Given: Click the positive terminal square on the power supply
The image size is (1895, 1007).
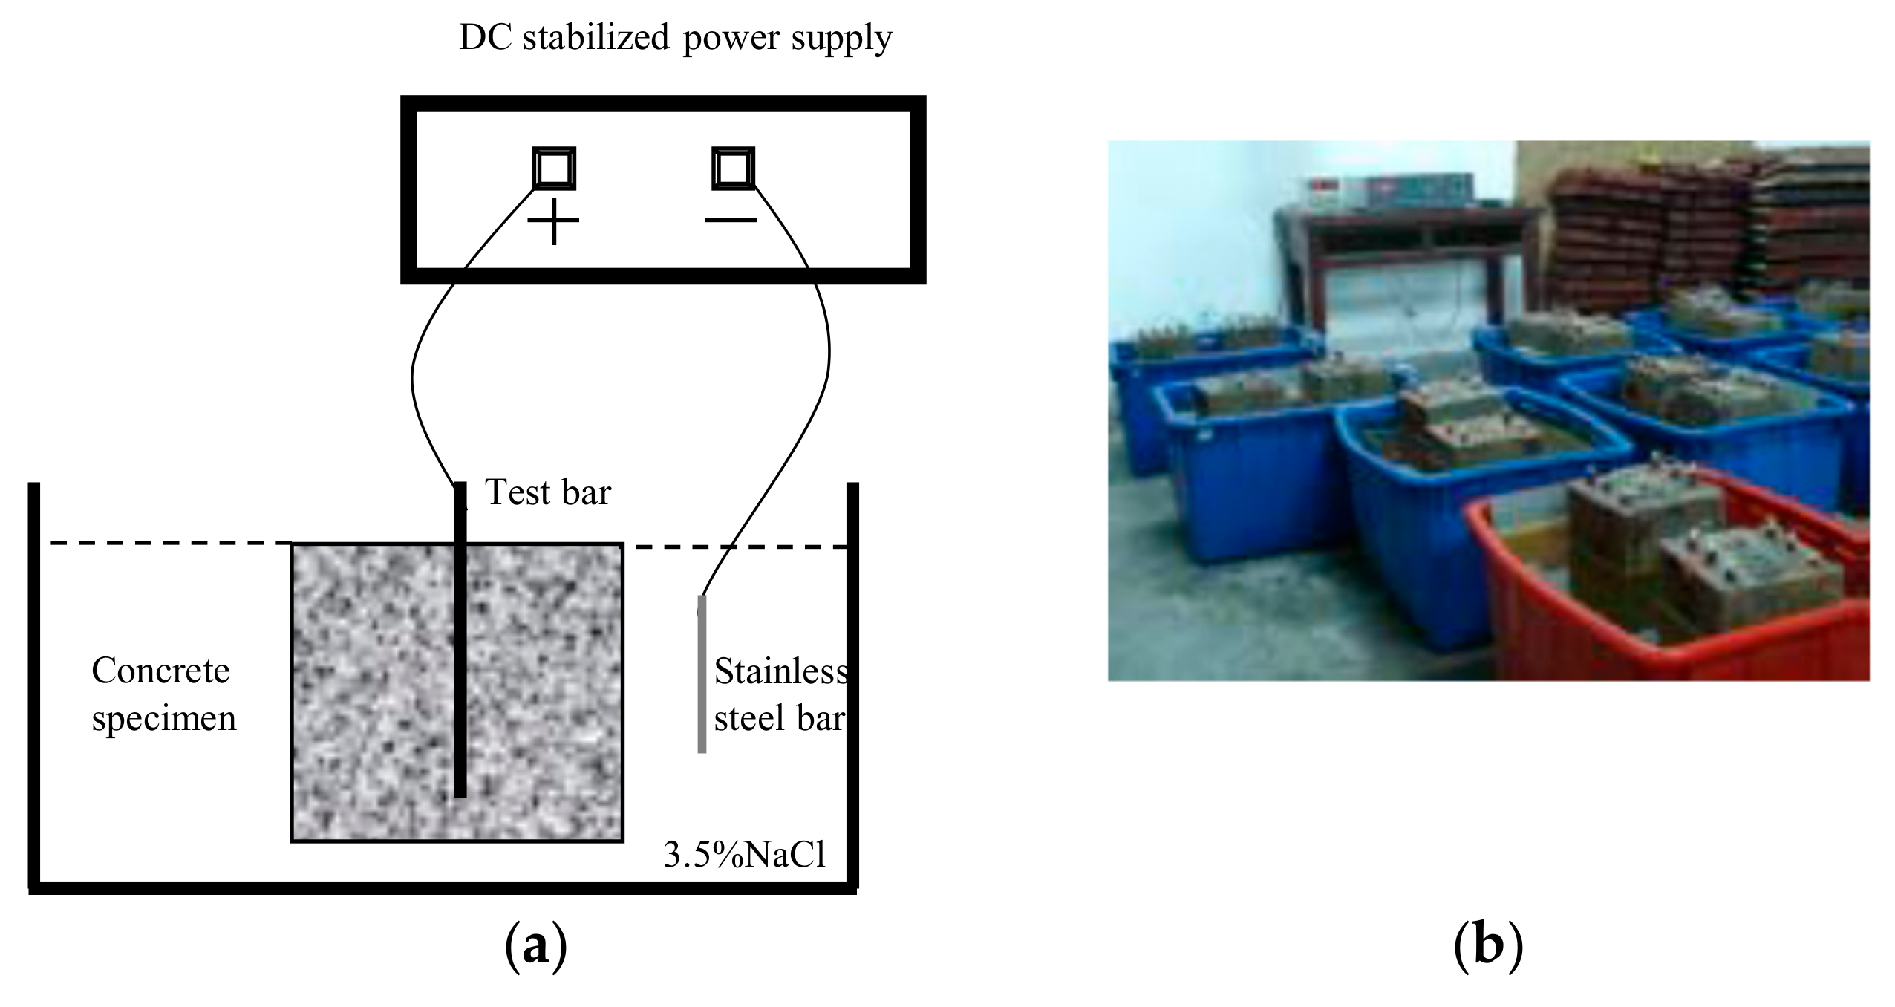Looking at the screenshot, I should (554, 168).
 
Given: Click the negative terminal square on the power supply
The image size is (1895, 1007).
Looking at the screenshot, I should (733, 168).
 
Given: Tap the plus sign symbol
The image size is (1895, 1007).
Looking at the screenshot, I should (554, 221).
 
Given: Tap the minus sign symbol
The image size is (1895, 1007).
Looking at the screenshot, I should (731, 220).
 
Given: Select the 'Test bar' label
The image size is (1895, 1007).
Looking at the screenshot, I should (547, 492).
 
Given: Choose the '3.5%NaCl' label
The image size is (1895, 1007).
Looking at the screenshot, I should (744, 856).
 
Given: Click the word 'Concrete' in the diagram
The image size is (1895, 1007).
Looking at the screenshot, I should (160, 671).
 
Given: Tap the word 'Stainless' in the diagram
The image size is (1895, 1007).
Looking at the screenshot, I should (780, 672).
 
